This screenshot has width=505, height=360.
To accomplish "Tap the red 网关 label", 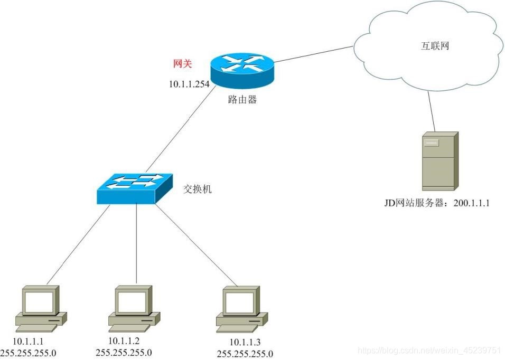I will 182,64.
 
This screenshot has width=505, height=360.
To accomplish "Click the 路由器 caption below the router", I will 242,100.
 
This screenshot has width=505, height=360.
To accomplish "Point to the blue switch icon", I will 135,188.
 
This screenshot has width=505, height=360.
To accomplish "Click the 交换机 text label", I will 197,189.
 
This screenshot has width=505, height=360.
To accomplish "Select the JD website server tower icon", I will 439,161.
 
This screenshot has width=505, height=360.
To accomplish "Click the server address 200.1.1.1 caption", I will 436,202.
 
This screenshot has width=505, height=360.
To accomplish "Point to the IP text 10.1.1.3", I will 245,343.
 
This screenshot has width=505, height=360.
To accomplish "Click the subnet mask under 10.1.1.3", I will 245,354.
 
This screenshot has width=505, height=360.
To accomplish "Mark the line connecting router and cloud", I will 314,54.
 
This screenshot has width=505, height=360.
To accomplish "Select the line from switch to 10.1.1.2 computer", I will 136,243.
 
